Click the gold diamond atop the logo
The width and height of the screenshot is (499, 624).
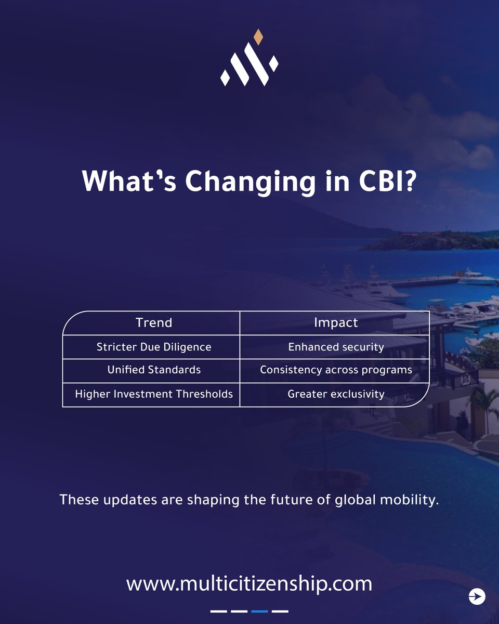pos(257,36)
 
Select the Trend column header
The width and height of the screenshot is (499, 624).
pos(153,323)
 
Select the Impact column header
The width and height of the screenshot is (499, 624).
pos(336,323)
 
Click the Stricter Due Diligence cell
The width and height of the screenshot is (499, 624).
pos(154,347)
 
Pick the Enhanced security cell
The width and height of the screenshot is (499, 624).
pos(336,347)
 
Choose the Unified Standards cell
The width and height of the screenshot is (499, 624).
pos(154,370)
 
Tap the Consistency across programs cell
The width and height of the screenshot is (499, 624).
pos(336,370)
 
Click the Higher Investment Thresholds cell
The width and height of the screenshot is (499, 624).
pos(154,394)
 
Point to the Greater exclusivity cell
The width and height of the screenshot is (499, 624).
pos(336,394)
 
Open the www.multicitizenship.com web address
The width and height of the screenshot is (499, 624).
pos(249,583)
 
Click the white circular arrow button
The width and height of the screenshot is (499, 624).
pos(477,596)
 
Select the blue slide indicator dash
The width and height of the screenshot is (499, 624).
pos(259,611)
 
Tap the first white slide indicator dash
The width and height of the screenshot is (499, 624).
pos(219,611)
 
